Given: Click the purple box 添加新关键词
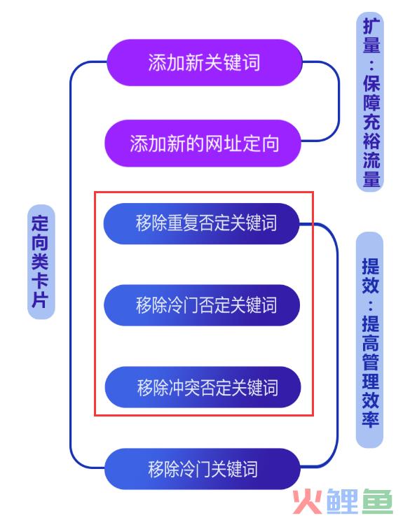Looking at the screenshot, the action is tap(205, 62).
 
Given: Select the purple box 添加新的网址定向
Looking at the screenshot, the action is tap(203, 143).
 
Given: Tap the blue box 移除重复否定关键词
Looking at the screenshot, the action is tap(202, 224).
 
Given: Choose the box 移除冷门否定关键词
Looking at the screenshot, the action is tap(202, 305).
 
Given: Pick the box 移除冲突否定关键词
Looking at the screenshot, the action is tap(203, 387).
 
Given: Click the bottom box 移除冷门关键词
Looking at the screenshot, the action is tap(203, 469).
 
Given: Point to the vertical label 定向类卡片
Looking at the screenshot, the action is tap(41, 262).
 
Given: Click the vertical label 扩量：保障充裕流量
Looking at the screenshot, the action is tap(370, 101).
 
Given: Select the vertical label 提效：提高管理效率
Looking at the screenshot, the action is tap(369, 340).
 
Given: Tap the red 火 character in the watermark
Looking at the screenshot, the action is tap(307, 501).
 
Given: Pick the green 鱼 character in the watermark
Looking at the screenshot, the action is tap(377, 501).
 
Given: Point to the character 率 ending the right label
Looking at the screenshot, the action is tap(370, 419).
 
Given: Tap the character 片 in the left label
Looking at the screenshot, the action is tap(40, 300).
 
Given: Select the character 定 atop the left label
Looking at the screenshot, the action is tap(40, 223).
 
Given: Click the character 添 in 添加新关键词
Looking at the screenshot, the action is tap(157, 62).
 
